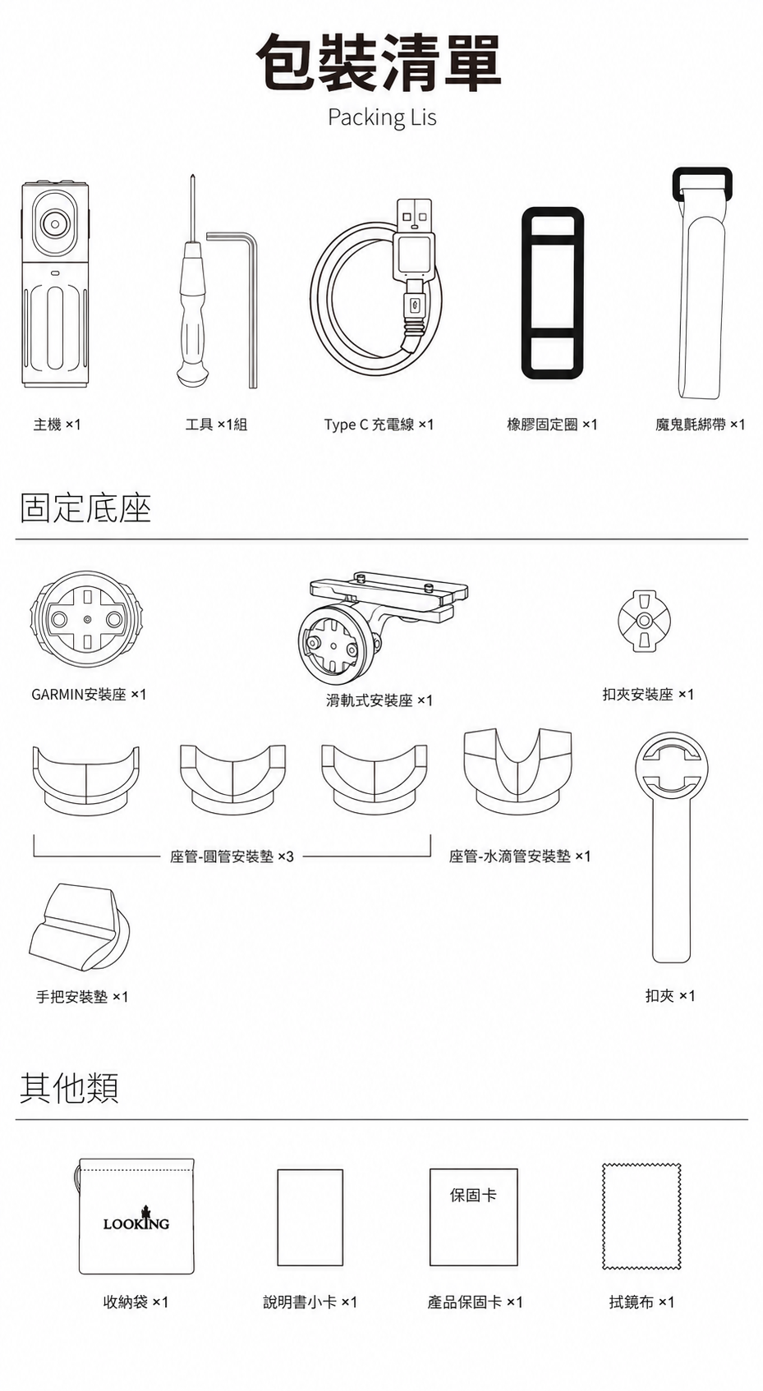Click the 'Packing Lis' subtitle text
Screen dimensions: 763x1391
click(382, 117)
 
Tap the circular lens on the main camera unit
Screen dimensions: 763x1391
click(55, 223)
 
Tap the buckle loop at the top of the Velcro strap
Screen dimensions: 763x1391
click(702, 182)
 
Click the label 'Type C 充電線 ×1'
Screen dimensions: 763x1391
click(379, 425)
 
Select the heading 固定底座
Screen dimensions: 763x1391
click(85, 508)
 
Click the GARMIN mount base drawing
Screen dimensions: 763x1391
click(86, 621)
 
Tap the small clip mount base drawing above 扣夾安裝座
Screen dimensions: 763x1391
click(645, 620)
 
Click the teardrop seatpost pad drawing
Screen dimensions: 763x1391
click(517, 770)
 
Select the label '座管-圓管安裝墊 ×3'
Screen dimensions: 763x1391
click(231, 857)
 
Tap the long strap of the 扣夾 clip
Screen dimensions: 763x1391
click(671, 882)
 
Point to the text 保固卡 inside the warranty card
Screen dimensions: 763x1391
click(473, 1194)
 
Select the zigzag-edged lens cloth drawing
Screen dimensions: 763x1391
click(641, 1216)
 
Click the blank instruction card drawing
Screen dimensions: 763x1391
click(310, 1217)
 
